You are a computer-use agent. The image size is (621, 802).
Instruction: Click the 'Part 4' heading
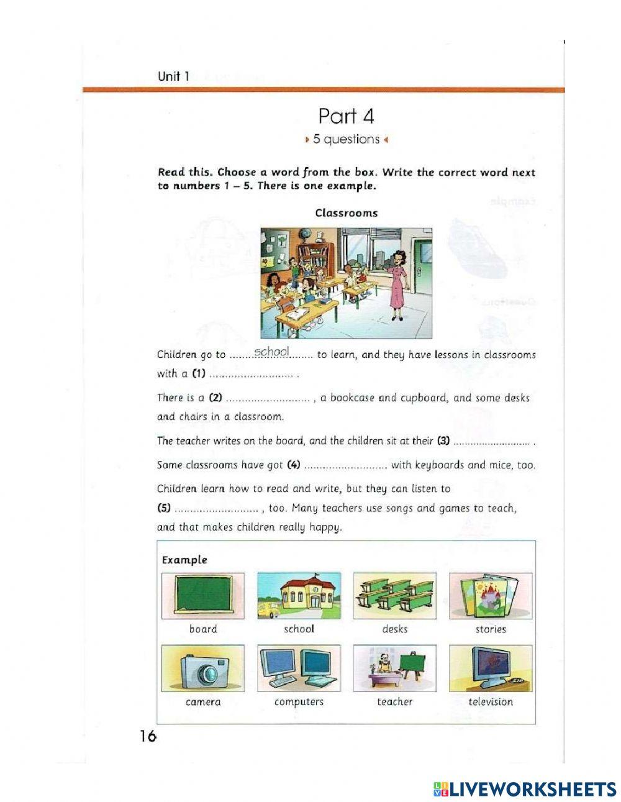tap(346, 116)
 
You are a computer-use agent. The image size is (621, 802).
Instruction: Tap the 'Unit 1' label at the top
tap(173, 76)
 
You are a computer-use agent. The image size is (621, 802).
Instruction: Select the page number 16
tap(148, 736)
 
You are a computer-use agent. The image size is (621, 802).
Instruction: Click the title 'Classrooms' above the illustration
tap(346, 213)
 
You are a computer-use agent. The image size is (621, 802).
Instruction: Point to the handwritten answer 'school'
tap(272, 352)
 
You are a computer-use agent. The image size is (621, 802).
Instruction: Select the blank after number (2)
tap(268, 398)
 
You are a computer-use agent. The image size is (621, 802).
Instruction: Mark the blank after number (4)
tap(346, 465)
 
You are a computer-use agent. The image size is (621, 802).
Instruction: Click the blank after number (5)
tap(217, 509)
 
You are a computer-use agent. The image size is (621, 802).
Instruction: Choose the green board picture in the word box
tap(203, 596)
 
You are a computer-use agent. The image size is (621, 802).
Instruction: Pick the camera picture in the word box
tap(203, 668)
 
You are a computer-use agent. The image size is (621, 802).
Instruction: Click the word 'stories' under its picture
tap(491, 629)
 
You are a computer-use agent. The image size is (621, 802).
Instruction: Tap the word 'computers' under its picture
tap(299, 702)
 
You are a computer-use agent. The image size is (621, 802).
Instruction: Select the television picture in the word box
tap(491, 668)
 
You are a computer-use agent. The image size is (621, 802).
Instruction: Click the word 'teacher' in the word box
tap(394, 702)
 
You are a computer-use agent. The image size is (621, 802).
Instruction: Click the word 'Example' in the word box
tap(184, 560)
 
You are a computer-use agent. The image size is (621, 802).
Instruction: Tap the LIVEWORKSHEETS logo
tap(524, 789)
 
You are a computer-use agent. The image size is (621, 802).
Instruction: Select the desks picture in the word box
tap(394, 596)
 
